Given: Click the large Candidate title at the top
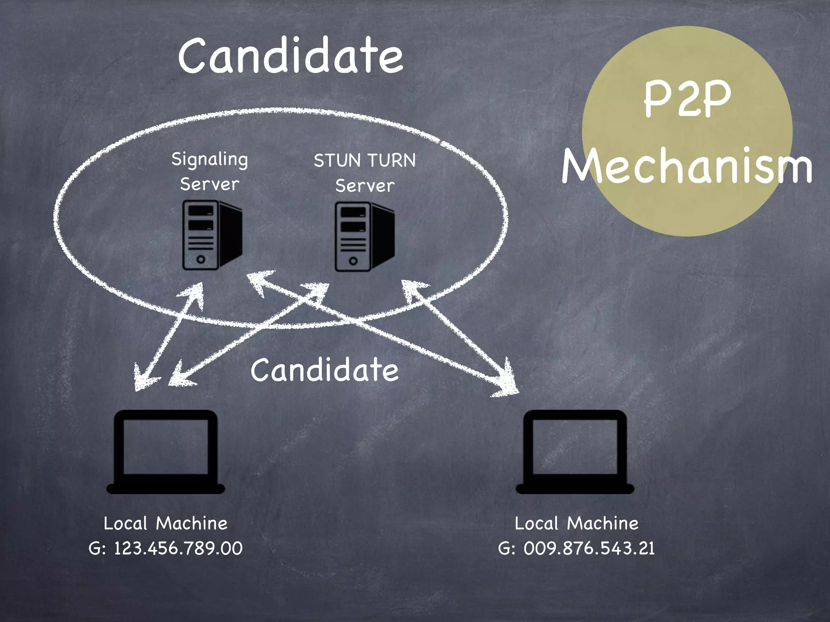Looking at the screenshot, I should (x=291, y=56).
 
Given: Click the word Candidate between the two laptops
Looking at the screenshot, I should (x=324, y=370).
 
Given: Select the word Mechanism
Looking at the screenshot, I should (x=687, y=166).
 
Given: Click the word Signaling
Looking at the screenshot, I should (x=210, y=160).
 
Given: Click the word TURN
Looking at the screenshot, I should (x=391, y=161).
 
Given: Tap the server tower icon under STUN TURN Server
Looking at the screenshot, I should (x=364, y=236).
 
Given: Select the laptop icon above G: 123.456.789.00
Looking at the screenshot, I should (x=165, y=451).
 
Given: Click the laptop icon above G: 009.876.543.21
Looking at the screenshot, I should (x=575, y=451).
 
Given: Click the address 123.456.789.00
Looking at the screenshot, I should (x=178, y=549).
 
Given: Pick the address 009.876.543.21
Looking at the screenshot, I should (x=589, y=549).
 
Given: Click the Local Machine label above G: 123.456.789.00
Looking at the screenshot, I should (x=165, y=523).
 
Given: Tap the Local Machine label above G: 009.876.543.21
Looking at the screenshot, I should (x=576, y=523).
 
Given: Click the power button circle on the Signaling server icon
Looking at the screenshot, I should (x=201, y=259).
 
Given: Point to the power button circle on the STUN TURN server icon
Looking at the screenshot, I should (x=353, y=261).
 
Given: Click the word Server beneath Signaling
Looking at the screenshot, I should (x=210, y=185).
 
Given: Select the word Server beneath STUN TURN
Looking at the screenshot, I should (x=365, y=186).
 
